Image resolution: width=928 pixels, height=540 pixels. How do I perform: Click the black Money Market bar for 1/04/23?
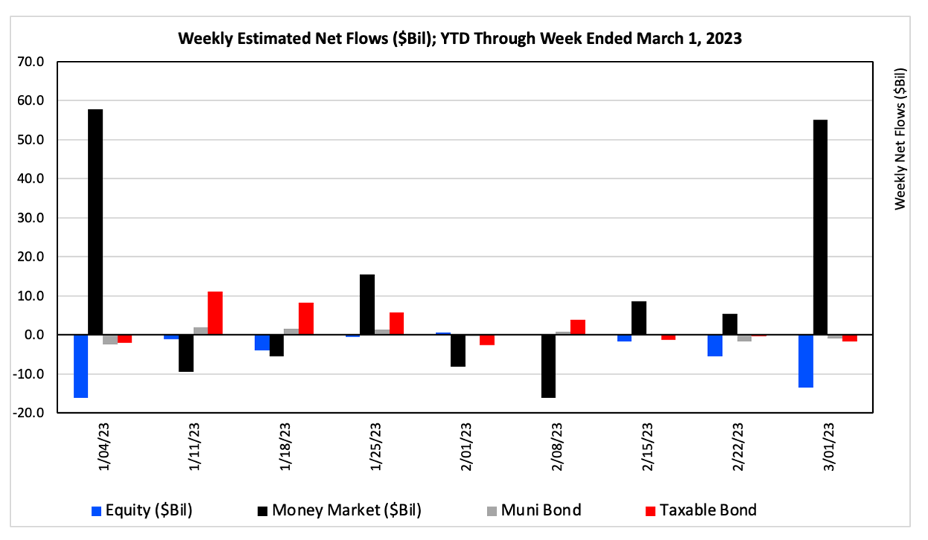click(95, 222)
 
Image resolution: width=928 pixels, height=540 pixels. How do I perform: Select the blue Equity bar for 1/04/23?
click(80, 366)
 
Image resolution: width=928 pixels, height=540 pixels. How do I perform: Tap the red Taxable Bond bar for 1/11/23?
click(215, 313)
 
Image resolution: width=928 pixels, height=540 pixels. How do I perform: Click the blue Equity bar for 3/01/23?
click(805, 361)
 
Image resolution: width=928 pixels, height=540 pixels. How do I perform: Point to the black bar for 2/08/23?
click(548, 366)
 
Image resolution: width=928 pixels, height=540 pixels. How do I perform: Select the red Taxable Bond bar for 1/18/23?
click(306, 319)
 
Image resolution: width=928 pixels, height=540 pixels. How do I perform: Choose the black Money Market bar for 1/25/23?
click(367, 305)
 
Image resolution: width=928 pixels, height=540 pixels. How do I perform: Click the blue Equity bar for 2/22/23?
click(715, 345)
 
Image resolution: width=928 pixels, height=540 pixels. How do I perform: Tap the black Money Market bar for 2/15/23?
click(639, 318)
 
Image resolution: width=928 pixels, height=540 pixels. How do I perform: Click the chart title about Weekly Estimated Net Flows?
click(460, 39)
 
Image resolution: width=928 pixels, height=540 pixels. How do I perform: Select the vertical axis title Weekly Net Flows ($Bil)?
click(900, 139)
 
